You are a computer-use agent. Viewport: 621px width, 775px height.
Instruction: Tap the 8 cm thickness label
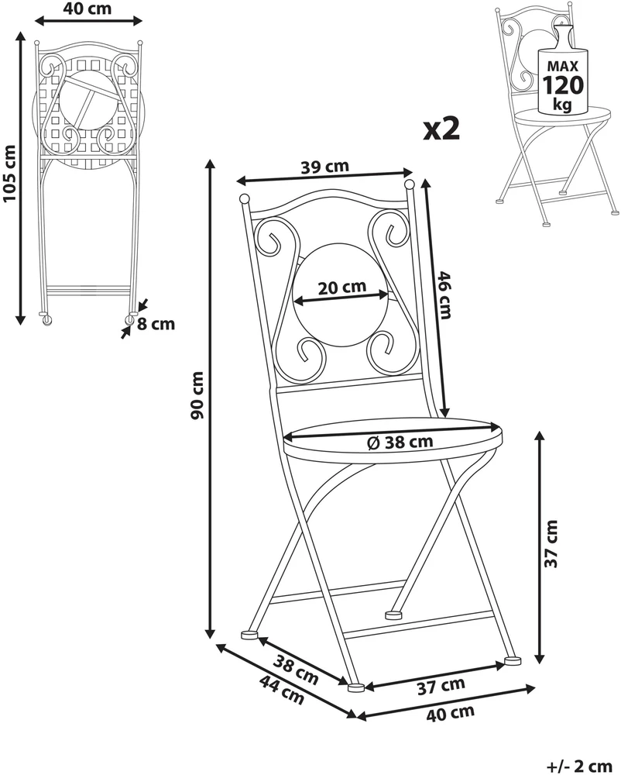[156, 324]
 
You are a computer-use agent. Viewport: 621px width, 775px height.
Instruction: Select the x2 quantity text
[442, 129]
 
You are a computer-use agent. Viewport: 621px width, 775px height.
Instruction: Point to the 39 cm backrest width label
[324, 167]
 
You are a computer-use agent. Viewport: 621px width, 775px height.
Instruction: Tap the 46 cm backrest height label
[443, 294]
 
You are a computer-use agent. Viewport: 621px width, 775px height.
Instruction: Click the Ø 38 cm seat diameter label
[400, 443]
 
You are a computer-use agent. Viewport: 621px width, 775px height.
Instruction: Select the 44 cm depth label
[281, 690]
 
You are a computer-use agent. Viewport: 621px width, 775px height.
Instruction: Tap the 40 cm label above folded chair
[87, 8]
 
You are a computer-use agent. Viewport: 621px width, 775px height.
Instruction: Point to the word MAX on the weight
[563, 66]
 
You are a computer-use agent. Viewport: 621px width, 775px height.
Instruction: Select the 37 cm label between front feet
[441, 686]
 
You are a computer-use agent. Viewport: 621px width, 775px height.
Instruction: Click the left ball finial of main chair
[244, 199]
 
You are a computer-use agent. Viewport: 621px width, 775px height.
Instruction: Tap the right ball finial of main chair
[410, 185]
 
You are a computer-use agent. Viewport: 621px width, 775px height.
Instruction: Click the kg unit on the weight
[563, 105]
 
